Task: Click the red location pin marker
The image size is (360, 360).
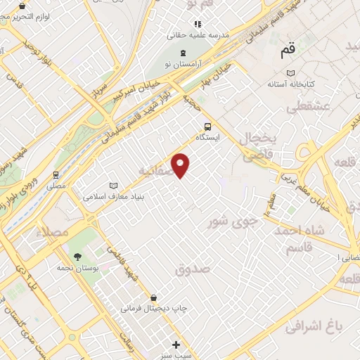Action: [x=181, y=165]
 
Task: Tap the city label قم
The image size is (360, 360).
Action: [x=287, y=51]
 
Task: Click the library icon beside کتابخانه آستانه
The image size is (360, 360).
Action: [x=290, y=72]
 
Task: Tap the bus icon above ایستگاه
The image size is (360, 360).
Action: [x=207, y=127]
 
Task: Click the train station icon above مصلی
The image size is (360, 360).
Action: [x=56, y=175]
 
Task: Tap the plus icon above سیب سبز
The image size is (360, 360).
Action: [x=176, y=345]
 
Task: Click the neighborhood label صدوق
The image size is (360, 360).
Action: [x=193, y=268]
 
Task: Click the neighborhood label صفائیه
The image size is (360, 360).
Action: [x=155, y=171]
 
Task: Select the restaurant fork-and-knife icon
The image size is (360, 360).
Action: [x=198, y=24]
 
